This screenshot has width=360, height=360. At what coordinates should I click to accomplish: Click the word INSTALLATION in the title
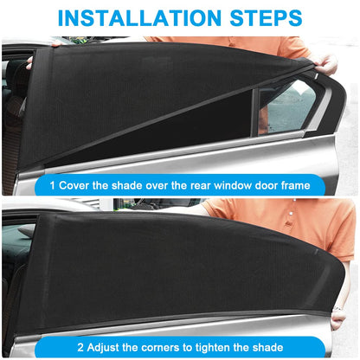pyautogui.click(x=139, y=18)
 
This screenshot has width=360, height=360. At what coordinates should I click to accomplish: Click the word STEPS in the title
pyautogui.click(x=266, y=18)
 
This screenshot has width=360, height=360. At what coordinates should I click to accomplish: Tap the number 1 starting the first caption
pyautogui.click(x=52, y=185)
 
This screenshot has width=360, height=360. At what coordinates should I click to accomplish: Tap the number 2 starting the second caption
pyautogui.click(x=80, y=347)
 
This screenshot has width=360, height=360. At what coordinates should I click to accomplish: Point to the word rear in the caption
pyautogui.click(x=201, y=185)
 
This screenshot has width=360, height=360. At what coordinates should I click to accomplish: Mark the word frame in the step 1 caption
pyautogui.click(x=296, y=185)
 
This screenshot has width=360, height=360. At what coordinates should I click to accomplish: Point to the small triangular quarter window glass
pyautogui.click(x=288, y=106)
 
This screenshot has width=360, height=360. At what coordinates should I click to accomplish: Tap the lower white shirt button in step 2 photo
pyautogui.click(x=291, y=214)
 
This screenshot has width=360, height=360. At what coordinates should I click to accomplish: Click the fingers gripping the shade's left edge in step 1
pyautogui.click(x=29, y=63)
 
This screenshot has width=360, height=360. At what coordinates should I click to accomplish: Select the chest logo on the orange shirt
pyautogui.click(x=287, y=224)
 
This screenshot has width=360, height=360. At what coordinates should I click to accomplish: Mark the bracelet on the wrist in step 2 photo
pyautogui.click(x=338, y=308)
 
